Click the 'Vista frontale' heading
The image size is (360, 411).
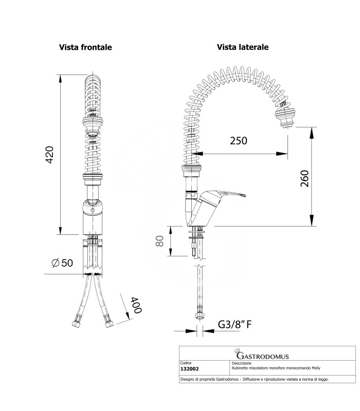(85, 47)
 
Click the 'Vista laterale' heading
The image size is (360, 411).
(243, 47)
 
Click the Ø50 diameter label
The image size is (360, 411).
(62, 263)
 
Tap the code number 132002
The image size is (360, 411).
(190, 368)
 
